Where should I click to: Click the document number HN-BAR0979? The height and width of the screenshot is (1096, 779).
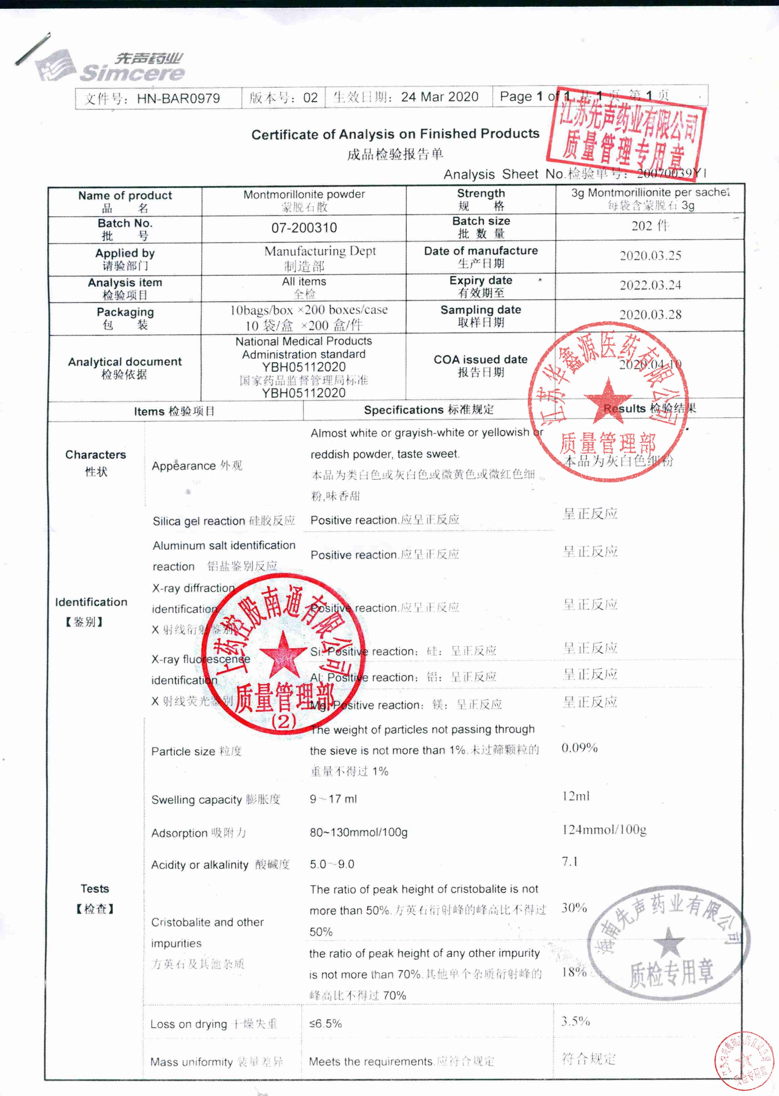tap(178, 98)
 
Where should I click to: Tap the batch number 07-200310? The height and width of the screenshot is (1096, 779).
tap(304, 228)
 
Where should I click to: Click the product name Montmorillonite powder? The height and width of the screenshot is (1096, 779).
tap(304, 195)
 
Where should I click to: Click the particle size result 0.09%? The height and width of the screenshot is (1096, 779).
tap(579, 748)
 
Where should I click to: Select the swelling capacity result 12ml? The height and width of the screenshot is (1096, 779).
tap(576, 796)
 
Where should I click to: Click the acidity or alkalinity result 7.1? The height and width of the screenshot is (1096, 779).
tap(570, 861)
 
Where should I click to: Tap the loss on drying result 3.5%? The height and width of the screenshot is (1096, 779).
tap(576, 1021)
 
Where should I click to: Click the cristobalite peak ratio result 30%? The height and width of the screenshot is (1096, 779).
tap(574, 908)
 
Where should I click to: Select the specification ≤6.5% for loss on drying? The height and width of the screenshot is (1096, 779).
tap(326, 1023)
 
